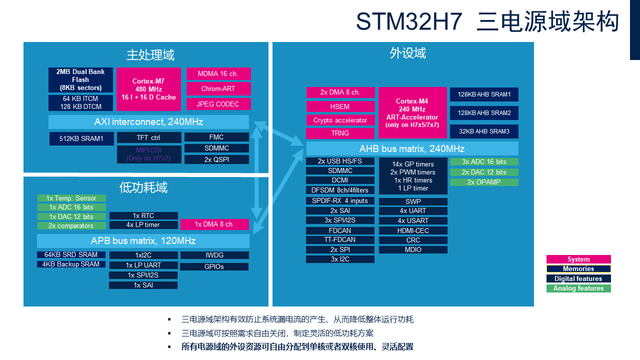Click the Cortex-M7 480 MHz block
[x=148, y=89]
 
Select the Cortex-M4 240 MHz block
[x=412, y=112]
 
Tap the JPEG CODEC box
[x=218, y=104]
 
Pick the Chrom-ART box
[x=218, y=88]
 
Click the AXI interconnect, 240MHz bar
[x=148, y=122]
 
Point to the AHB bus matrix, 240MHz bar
[x=412, y=148]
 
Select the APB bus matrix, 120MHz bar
[x=143, y=241]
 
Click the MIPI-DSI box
[x=148, y=154]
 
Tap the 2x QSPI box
[x=216, y=159]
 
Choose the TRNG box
[x=340, y=133]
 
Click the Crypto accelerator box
[x=340, y=120]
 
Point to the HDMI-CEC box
[x=413, y=230]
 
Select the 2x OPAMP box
[x=483, y=182]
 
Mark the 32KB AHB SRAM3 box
[x=483, y=131]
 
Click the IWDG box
[x=214, y=255]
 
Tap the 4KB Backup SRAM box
[x=71, y=264]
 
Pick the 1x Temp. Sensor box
[x=71, y=198]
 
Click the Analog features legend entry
[x=578, y=288]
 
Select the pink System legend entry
[x=578, y=259]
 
